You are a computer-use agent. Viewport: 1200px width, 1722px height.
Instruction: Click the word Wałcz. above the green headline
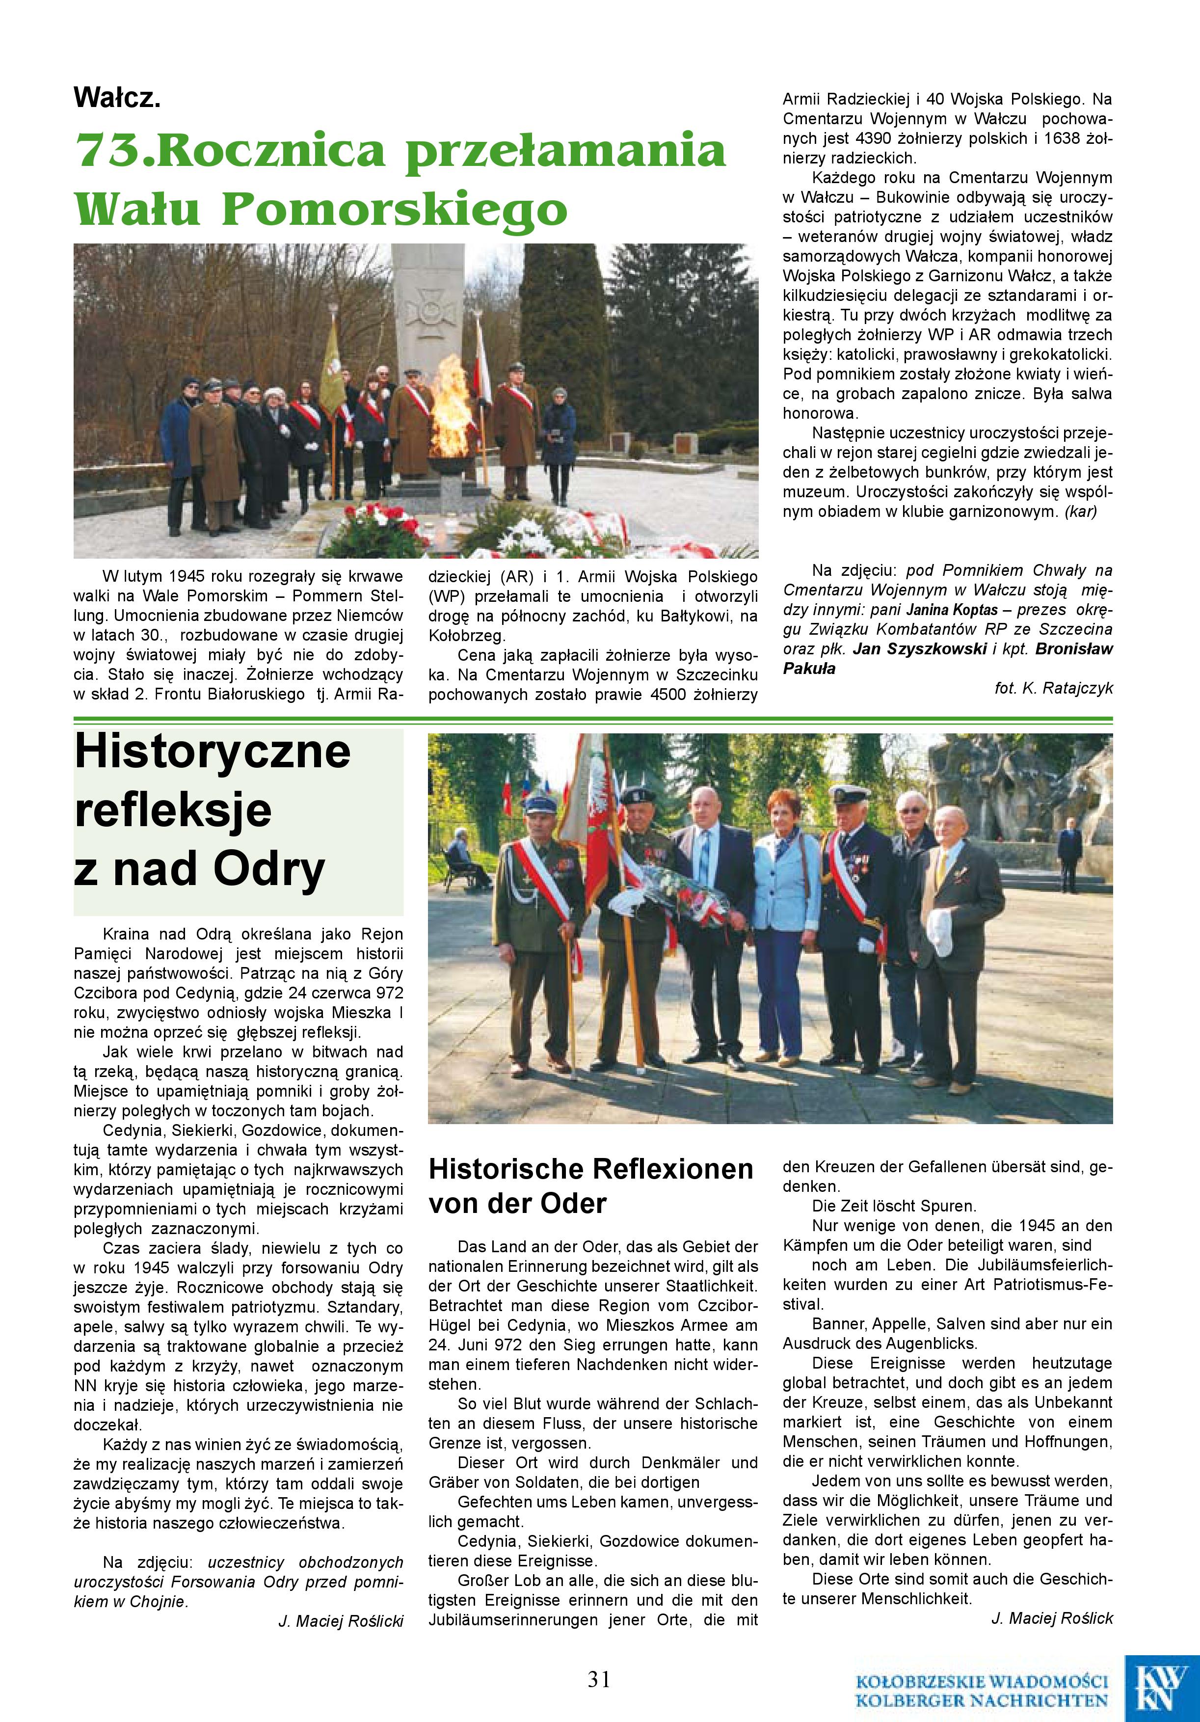pyautogui.click(x=117, y=98)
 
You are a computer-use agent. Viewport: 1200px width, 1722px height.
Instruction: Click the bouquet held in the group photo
pyautogui.click(x=686, y=897)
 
